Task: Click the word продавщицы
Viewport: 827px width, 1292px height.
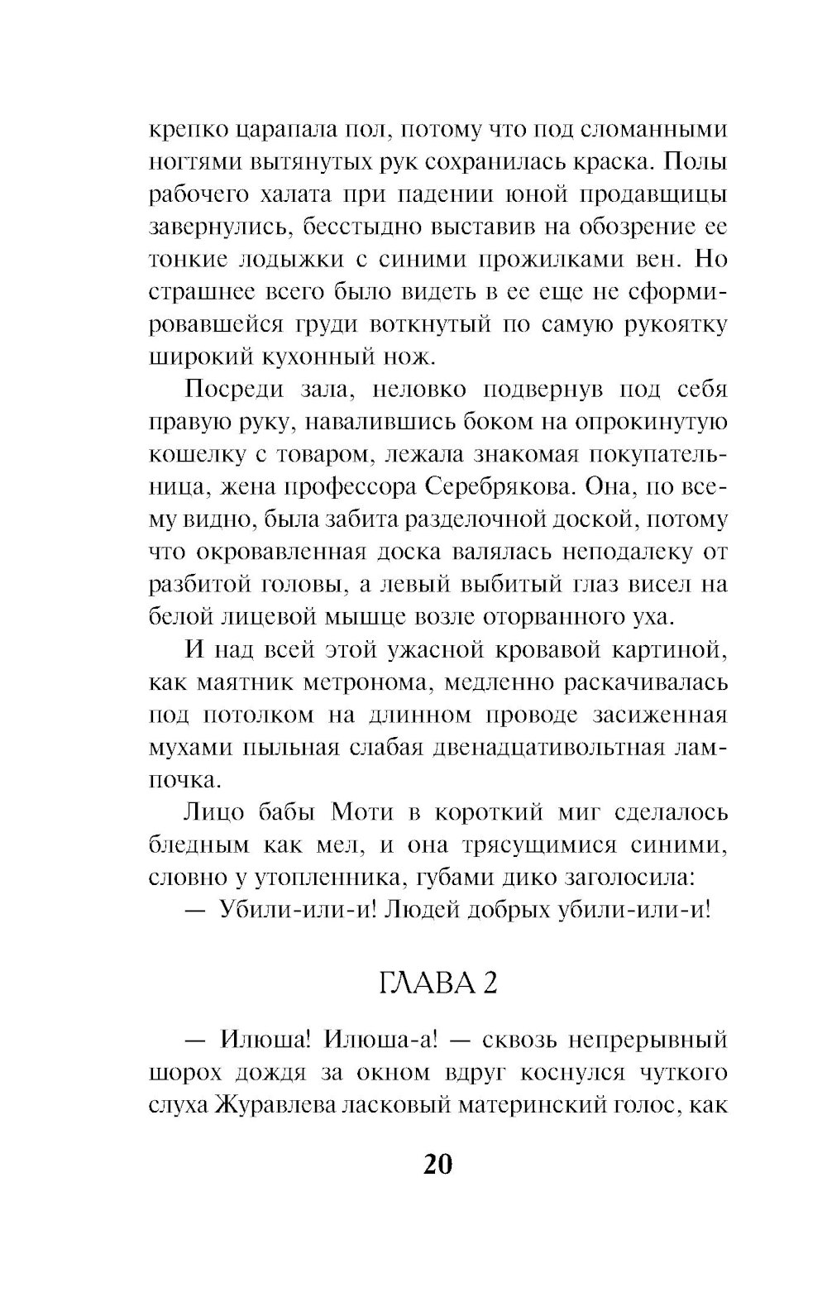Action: [660, 194]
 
